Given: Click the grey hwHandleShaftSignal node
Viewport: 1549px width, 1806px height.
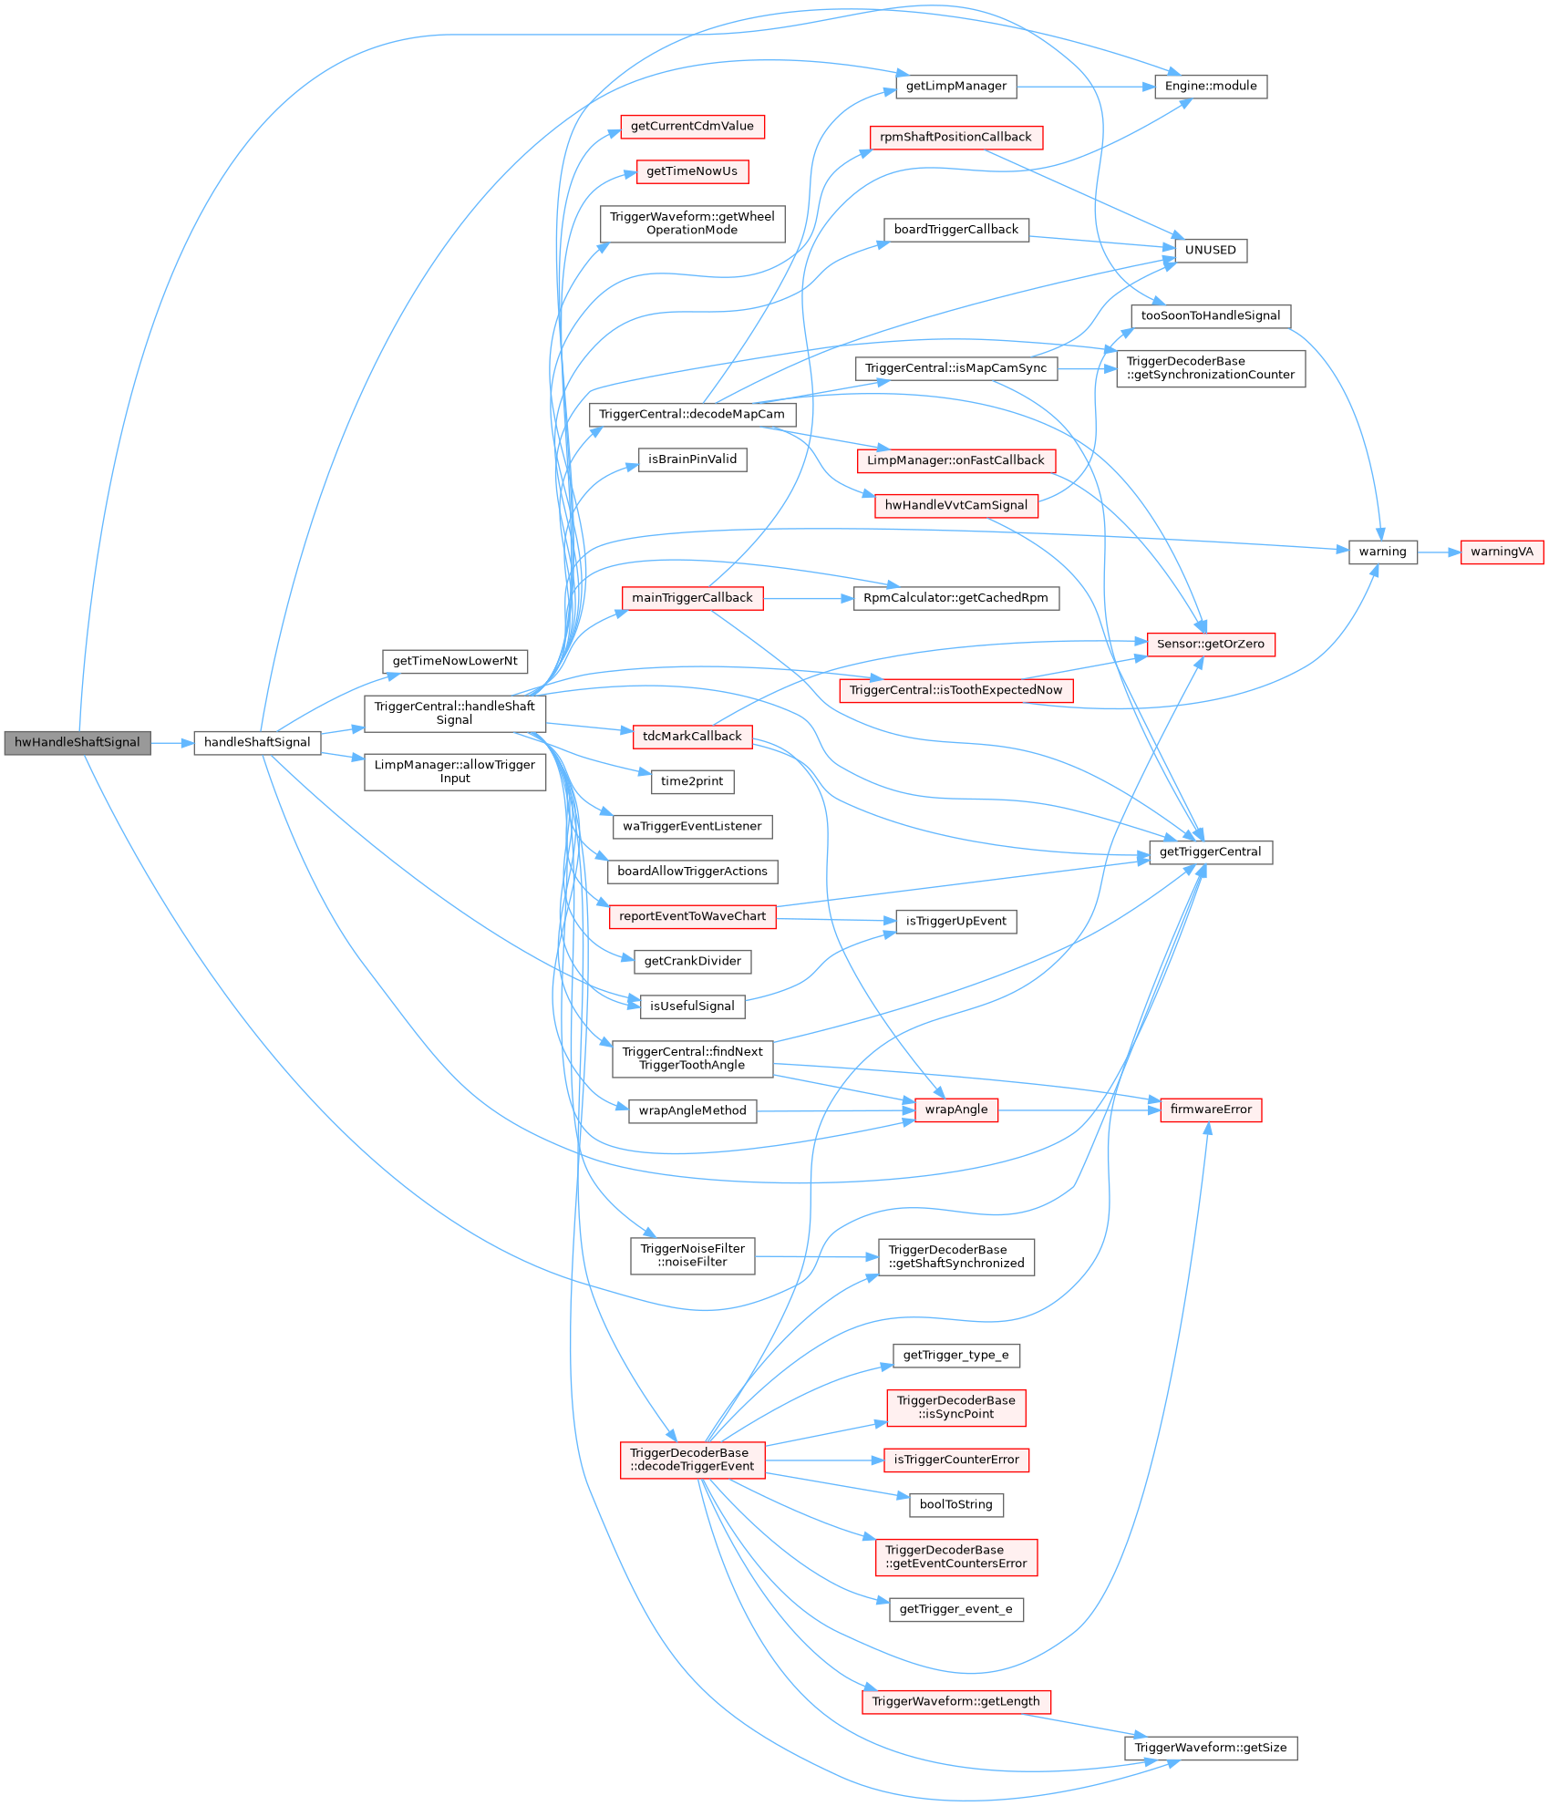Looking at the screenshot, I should [x=77, y=743].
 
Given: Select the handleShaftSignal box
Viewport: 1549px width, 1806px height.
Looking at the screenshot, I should [x=257, y=743].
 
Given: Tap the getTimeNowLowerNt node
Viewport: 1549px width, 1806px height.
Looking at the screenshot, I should [x=454, y=661].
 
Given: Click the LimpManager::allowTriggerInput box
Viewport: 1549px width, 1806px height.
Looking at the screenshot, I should [x=454, y=771].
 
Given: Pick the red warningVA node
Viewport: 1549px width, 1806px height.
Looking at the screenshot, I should [x=1501, y=552].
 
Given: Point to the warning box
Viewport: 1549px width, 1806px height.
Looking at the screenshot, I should [x=1382, y=552].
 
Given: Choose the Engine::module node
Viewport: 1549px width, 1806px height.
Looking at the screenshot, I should [x=1210, y=87].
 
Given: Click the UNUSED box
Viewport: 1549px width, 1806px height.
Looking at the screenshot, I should [x=1210, y=251].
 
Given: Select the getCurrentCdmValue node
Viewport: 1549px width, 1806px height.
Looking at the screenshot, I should [x=692, y=127].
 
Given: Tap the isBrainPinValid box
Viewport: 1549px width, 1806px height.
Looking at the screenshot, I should [x=692, y=459].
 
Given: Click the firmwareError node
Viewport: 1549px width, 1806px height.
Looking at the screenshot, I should [x=1210, y=1109].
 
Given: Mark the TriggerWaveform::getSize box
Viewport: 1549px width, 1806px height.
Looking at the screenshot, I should [x=1210, y=1748].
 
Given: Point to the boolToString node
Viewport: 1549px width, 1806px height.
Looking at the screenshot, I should [x=955, y=1504].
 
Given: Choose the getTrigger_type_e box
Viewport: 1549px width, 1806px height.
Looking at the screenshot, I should [x=955, y=1355].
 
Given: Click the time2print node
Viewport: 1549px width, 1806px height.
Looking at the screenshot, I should [x=692, y=781].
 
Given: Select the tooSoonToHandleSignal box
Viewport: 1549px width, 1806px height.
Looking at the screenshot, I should [x=1210, y=316].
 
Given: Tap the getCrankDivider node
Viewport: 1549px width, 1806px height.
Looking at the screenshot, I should [x=692, y=961].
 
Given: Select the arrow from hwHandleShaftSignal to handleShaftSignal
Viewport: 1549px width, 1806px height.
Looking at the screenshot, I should [x=172, y=743].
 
